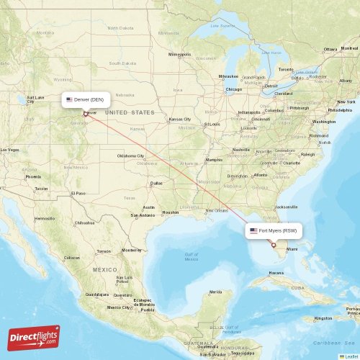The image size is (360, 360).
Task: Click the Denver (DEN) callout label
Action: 85,99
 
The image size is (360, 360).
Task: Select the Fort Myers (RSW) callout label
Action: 273,230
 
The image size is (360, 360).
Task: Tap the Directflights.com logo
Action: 34,338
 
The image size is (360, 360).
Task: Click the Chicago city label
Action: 233,90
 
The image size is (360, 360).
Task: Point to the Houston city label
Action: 171,212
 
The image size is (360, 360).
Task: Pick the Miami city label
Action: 292,250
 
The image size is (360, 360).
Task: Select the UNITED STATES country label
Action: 130,113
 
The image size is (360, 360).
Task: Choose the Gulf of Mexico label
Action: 192,257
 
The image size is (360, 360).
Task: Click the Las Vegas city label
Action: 9,150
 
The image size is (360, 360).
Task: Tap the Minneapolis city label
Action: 180,55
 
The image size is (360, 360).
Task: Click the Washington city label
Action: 324,122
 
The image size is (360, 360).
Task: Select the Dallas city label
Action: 156,183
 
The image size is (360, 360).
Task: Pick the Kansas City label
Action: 180,120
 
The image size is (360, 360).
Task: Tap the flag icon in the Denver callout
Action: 69,99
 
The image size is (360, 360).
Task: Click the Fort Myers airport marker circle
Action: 273,246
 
